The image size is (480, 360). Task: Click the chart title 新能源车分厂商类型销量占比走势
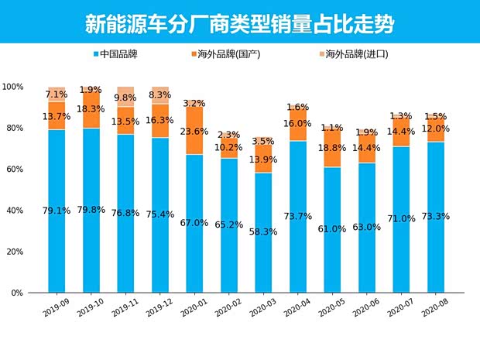(239, 23)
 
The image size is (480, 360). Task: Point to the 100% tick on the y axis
(14, 87)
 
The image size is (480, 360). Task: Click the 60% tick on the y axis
(15, 170)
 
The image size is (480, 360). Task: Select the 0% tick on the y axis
(18, 293)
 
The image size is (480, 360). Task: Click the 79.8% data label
(91, 209)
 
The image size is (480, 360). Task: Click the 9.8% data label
(125, 98)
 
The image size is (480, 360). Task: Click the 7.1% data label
(57, 94)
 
